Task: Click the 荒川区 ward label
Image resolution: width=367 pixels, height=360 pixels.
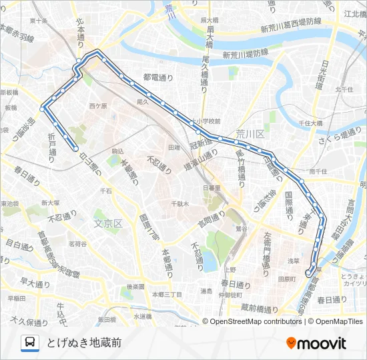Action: (x=250, y=135)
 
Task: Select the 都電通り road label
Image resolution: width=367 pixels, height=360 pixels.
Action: (x=157, y=78)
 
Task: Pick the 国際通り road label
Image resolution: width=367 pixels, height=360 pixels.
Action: (x=289, y=203)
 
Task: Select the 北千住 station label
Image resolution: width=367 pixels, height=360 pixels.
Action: (x=344, y=89)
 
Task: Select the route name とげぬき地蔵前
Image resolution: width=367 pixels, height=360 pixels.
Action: (x=83, y=343)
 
